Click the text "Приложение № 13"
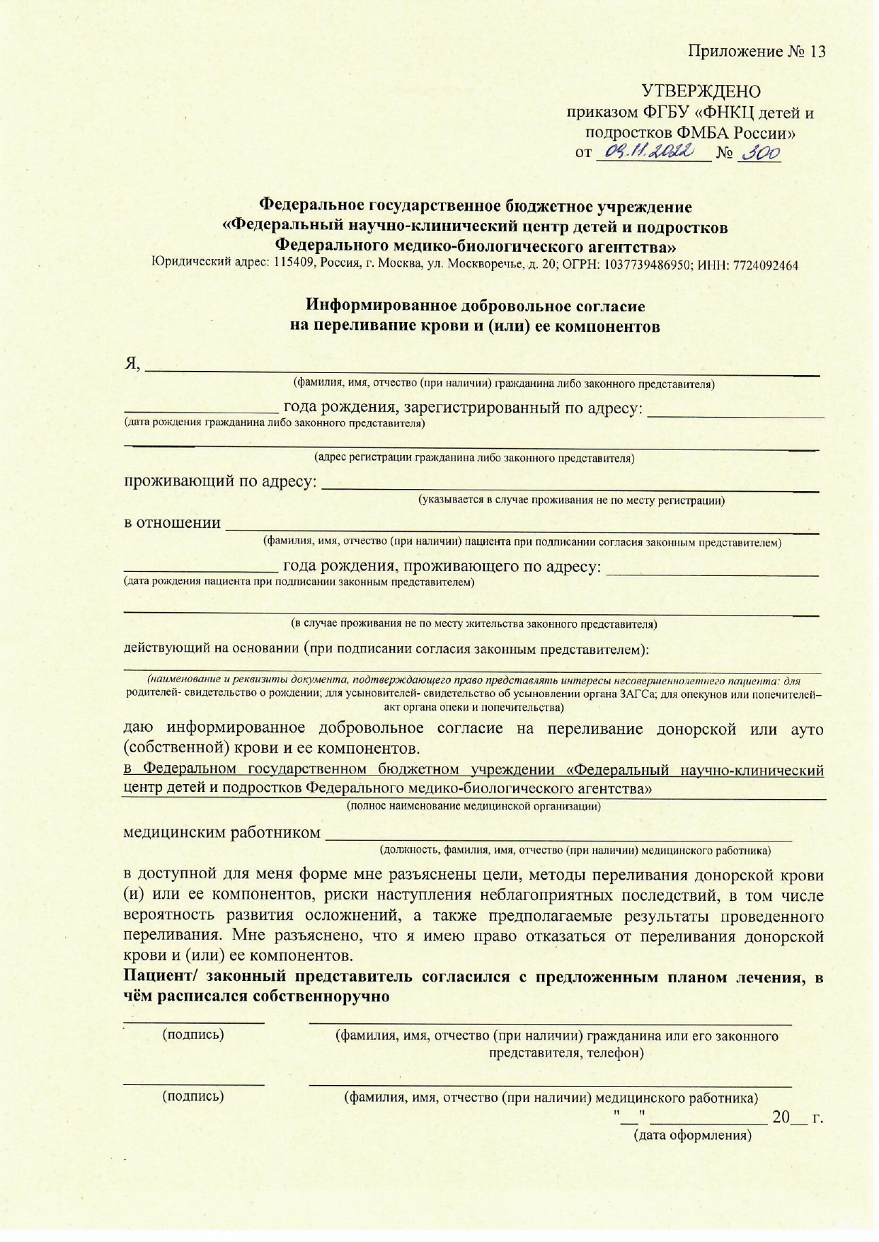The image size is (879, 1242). click(x=757, y=52)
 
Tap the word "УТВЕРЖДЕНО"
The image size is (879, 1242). click(x=701, y=91)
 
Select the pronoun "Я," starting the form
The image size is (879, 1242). click(x=133, y=364)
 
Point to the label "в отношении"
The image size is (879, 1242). click(x=173, y=524)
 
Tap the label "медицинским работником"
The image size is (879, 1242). click(x=222, y=832)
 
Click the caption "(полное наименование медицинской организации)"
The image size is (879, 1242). click(x=473, y=806)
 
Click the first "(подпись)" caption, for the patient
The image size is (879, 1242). click(x=193, y=1035)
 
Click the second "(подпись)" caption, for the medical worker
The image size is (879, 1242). click(x=193, y=1097)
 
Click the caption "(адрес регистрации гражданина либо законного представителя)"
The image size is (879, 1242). click(x=474, y=458)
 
